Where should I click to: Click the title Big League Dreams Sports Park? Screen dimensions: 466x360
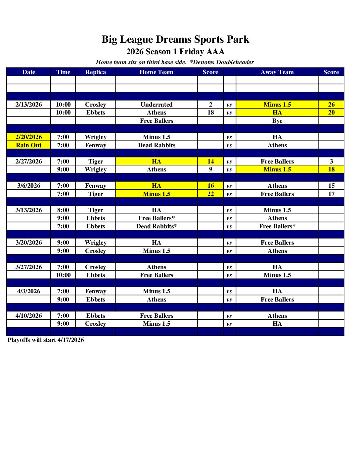[175, 39]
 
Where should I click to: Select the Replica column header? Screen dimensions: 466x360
[96, 72]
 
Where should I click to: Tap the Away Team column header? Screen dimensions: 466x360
[277, 72]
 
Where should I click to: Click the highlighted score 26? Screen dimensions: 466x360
[331, 105]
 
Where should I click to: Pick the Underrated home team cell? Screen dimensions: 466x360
[157, 105]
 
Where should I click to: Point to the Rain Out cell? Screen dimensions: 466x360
[29, 145]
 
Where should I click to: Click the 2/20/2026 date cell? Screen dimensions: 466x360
[29, 137]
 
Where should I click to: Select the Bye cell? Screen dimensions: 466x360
[277, 121]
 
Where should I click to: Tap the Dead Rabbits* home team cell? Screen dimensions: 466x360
[157, 226]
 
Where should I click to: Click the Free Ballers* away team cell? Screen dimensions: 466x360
[277, 226]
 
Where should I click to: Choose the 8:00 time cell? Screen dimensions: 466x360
[63, 210]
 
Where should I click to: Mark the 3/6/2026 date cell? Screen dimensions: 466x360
[29, 186]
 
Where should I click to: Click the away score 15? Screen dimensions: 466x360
[331, 186]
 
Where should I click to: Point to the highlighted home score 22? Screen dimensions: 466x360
[210, 194]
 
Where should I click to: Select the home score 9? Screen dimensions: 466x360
[210, 169]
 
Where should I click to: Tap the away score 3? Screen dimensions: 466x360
[331, 162]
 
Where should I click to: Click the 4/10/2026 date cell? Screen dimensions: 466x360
[29, 316]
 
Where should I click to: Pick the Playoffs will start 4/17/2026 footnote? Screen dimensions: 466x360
[46, 340]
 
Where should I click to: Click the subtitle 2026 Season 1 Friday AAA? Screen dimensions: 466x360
[175, 52]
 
